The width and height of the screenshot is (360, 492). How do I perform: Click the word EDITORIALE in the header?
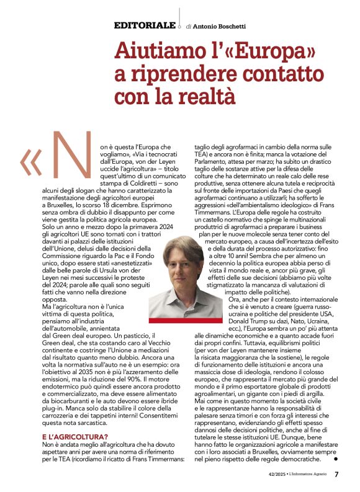(144, 25)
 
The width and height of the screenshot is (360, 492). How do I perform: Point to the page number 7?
(336, 475)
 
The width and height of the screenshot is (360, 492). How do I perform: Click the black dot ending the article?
(335, 459)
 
